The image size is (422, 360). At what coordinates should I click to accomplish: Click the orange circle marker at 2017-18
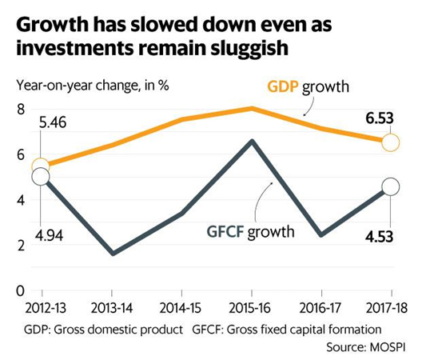pos(390,142)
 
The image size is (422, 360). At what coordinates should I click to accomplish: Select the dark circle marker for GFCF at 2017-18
pos(390,186)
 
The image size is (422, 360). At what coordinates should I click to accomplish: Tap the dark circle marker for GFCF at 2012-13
pos(41,177)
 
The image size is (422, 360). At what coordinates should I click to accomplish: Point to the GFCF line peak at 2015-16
pos(252,142)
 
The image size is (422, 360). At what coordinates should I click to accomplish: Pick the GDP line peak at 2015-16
pos(252,108)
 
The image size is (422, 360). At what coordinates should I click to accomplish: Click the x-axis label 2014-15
pos(181,307)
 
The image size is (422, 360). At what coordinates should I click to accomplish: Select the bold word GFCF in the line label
pos(219,233)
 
